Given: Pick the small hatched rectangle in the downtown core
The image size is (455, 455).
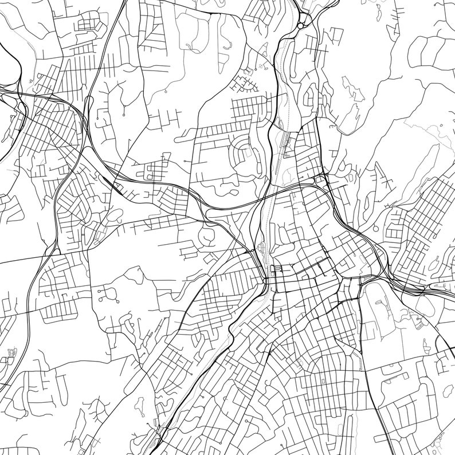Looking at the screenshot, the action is click(x=279, y=268).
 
